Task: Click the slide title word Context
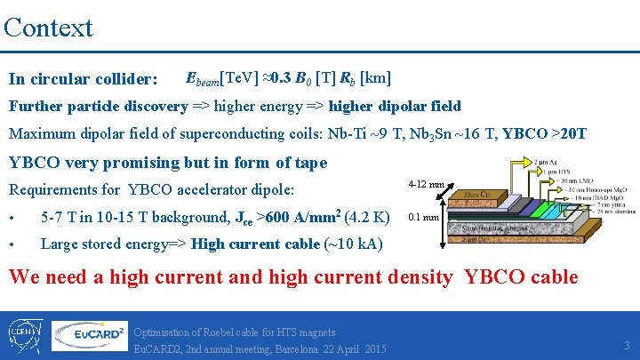coord(48,27)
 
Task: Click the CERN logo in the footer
coord(25,336)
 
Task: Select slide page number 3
coord(626,345)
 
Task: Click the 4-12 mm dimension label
coord(426,184)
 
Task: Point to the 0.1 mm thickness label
coord(423,217)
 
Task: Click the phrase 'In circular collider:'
coord(83,79)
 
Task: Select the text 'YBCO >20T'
coord(544,134)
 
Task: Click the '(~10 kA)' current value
coord(361,244)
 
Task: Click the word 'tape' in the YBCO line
coord(308,162)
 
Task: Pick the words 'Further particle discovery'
coord(98,107)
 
